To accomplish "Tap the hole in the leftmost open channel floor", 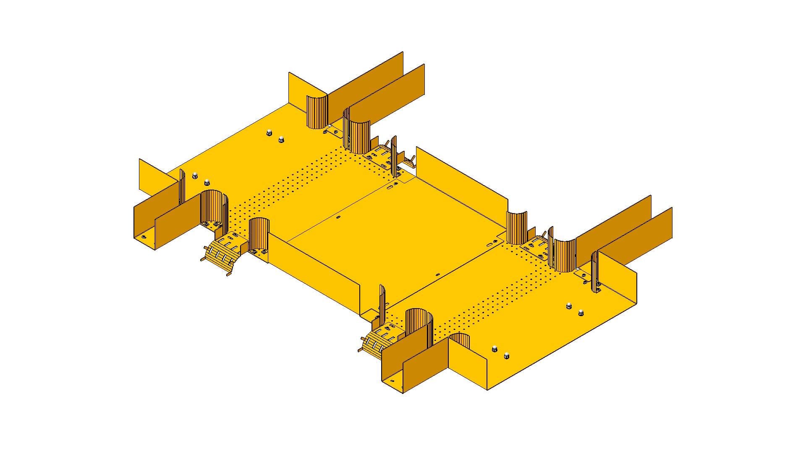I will [143, 237].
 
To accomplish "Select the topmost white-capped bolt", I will [269, 134].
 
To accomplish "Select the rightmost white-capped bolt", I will [581, 312].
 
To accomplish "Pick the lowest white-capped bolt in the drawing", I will [506, 356].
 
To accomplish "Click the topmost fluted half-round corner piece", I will [316, 112].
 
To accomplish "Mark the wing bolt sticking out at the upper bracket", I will [410, 160].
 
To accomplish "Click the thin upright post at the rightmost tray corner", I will [595, 271].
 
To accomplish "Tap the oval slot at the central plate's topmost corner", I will [391, 185].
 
